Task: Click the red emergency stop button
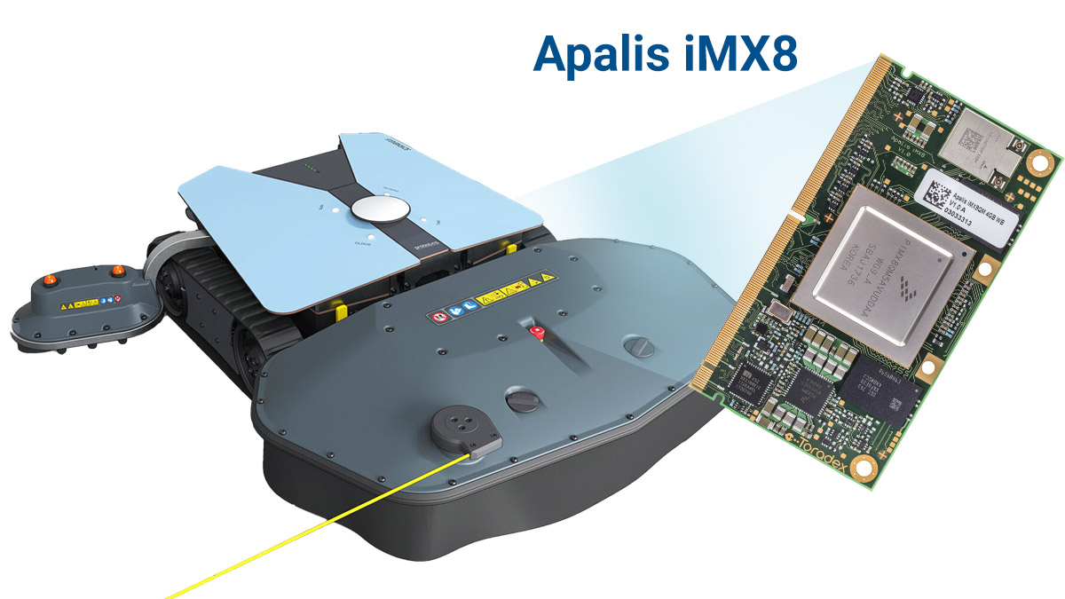click(535, 332)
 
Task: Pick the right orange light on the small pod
click(116, 270)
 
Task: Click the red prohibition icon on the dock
click(437, 315)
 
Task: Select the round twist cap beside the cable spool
click(521, 402)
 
